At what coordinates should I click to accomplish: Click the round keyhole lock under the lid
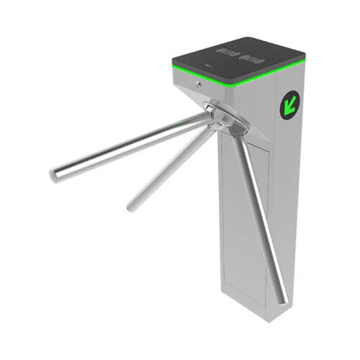pyautogui.click(x=197, y=84)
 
